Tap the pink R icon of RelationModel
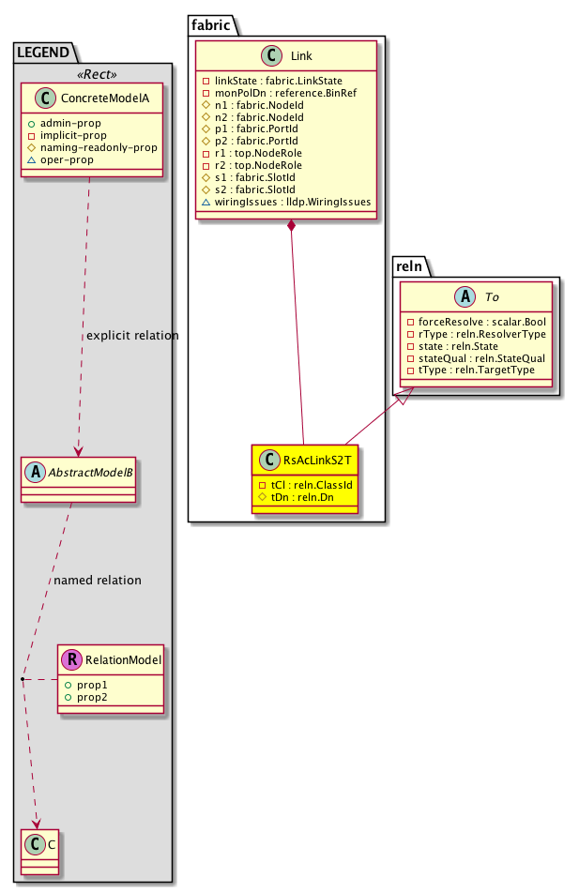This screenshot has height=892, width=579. (x=70, y=659)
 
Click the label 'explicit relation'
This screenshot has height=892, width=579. (x=131, y=336)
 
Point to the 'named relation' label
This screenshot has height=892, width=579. (x=98, y=581)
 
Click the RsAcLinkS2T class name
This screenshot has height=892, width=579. (x=317, y=460)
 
